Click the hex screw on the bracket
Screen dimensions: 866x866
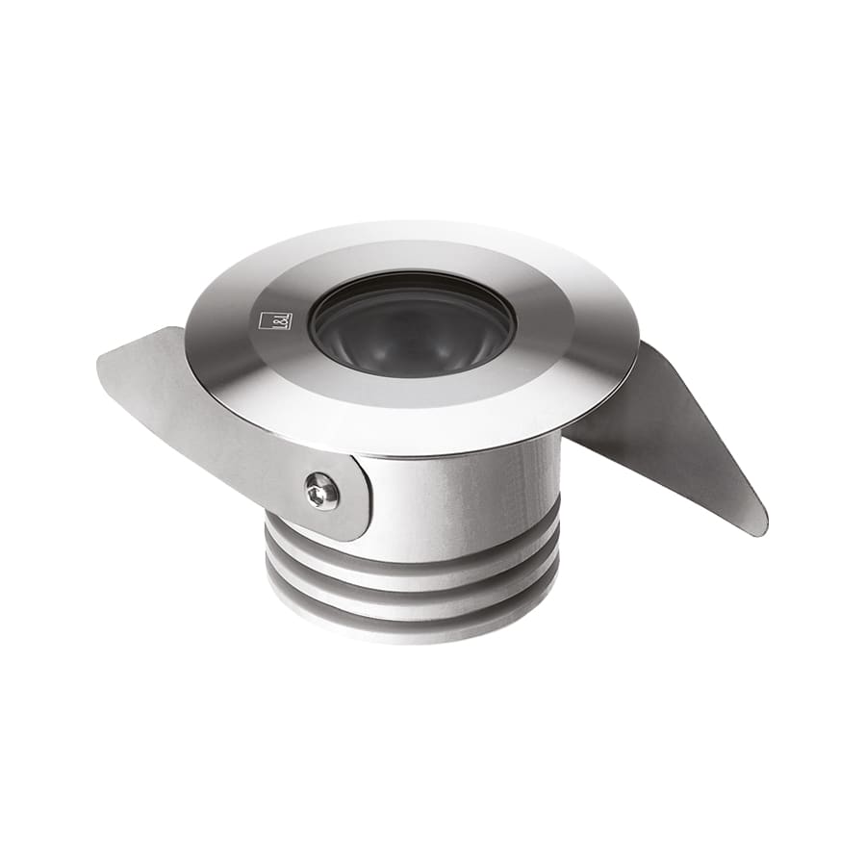321,493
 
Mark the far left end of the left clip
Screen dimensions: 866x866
100,362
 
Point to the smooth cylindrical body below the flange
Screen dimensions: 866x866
462,491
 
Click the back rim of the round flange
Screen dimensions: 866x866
414,229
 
